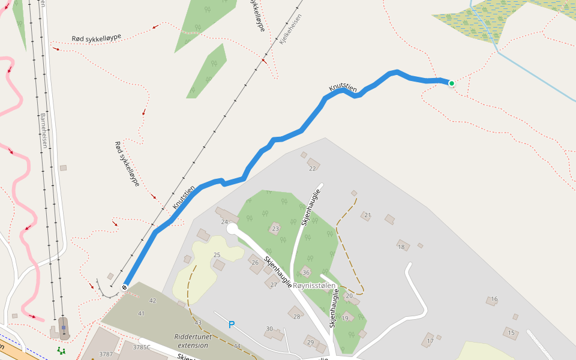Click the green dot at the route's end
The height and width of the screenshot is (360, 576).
[451, 83]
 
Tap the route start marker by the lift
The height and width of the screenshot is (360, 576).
[125, 287]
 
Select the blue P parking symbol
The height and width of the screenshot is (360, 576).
[231, 325]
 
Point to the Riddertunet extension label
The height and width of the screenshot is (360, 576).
[192, 341]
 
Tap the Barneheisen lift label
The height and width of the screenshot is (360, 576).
[43, 130]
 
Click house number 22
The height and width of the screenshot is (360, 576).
[312, 169]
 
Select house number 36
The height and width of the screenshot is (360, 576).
[306, 272]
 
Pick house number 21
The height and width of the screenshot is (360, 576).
[368, 215]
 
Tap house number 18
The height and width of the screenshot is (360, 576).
[401, 246]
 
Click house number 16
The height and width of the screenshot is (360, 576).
[494, 299]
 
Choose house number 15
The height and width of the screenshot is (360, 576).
[511, 332]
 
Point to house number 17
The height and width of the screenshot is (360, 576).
[430, 341]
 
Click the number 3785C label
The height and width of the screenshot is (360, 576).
[141, 347]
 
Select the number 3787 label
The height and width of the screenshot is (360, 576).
[106, 354]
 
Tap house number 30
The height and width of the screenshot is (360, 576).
[269, 329]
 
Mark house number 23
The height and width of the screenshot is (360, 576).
[275, 229]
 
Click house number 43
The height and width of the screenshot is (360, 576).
[198, 323]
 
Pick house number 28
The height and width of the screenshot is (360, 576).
[296, 316]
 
